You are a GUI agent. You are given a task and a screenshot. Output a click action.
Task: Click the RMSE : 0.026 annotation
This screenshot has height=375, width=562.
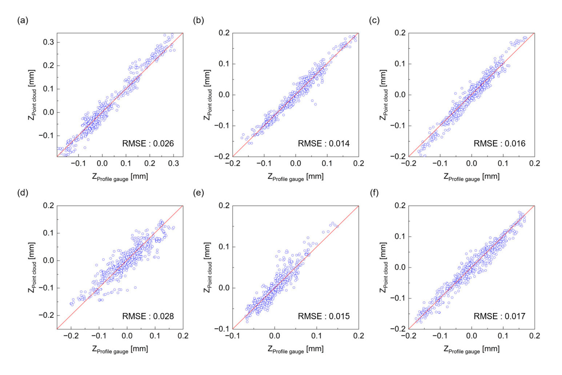click(x=148, y=144)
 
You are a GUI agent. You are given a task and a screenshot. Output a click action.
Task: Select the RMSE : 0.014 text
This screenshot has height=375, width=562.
click(x=324, y=144)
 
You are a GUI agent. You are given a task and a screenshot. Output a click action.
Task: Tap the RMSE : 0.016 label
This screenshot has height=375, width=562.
click(x=499, y=144)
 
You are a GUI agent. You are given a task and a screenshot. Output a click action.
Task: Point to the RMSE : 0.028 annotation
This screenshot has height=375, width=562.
click(x=148, y=316)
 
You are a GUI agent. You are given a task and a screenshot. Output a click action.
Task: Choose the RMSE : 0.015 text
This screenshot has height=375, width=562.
click(x=324, y=316)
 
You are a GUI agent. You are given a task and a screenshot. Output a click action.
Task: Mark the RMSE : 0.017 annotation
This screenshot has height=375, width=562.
click(x=499, y=316)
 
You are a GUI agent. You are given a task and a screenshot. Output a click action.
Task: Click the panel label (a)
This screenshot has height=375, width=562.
click(x=23, y=20)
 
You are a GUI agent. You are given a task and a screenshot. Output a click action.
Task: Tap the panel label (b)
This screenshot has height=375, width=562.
click(x=198, y=20)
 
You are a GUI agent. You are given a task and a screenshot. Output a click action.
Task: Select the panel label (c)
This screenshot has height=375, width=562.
click(x=374, y=20)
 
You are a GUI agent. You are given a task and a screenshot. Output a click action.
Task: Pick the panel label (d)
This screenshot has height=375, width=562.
click(x=23, y=193)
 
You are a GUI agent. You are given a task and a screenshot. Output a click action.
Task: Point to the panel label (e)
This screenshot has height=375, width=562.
click(x=198, y=193)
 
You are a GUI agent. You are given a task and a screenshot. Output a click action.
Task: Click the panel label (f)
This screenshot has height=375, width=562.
click(x=374, y=193)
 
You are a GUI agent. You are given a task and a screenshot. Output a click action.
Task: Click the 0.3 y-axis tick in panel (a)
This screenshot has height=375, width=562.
click(x=48, y=42)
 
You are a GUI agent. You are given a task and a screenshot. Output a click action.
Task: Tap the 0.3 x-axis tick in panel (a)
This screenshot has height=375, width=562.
click(x=174, y=164)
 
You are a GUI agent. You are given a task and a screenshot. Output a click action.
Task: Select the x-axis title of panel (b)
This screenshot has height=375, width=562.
click(x=295, y=177)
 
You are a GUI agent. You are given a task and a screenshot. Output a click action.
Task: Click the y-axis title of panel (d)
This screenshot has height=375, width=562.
click(x=32, y=267)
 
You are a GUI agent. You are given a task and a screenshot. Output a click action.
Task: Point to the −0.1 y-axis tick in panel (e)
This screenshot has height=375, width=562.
click(x=222, y=329)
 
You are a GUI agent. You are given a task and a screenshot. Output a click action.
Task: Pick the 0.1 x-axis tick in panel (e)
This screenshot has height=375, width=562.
click(x=316, y=336)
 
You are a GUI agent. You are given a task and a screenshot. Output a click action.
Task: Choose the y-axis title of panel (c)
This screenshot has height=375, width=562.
click(x=384, y=95)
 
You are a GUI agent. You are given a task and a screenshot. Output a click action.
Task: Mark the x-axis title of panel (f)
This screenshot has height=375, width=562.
click(x=471, y=350)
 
